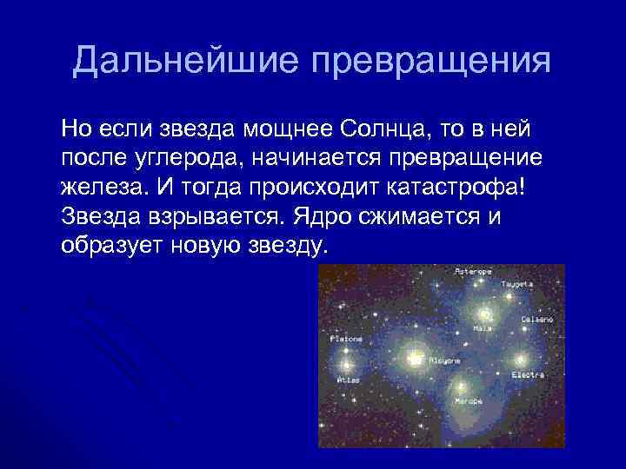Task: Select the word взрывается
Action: coord(210,215)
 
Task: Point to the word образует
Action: coord(110,244)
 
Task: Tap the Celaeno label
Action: coord(536,320)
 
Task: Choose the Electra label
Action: coord(528,374)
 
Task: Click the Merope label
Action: coord(469,401)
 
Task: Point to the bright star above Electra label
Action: coord(521,359)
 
